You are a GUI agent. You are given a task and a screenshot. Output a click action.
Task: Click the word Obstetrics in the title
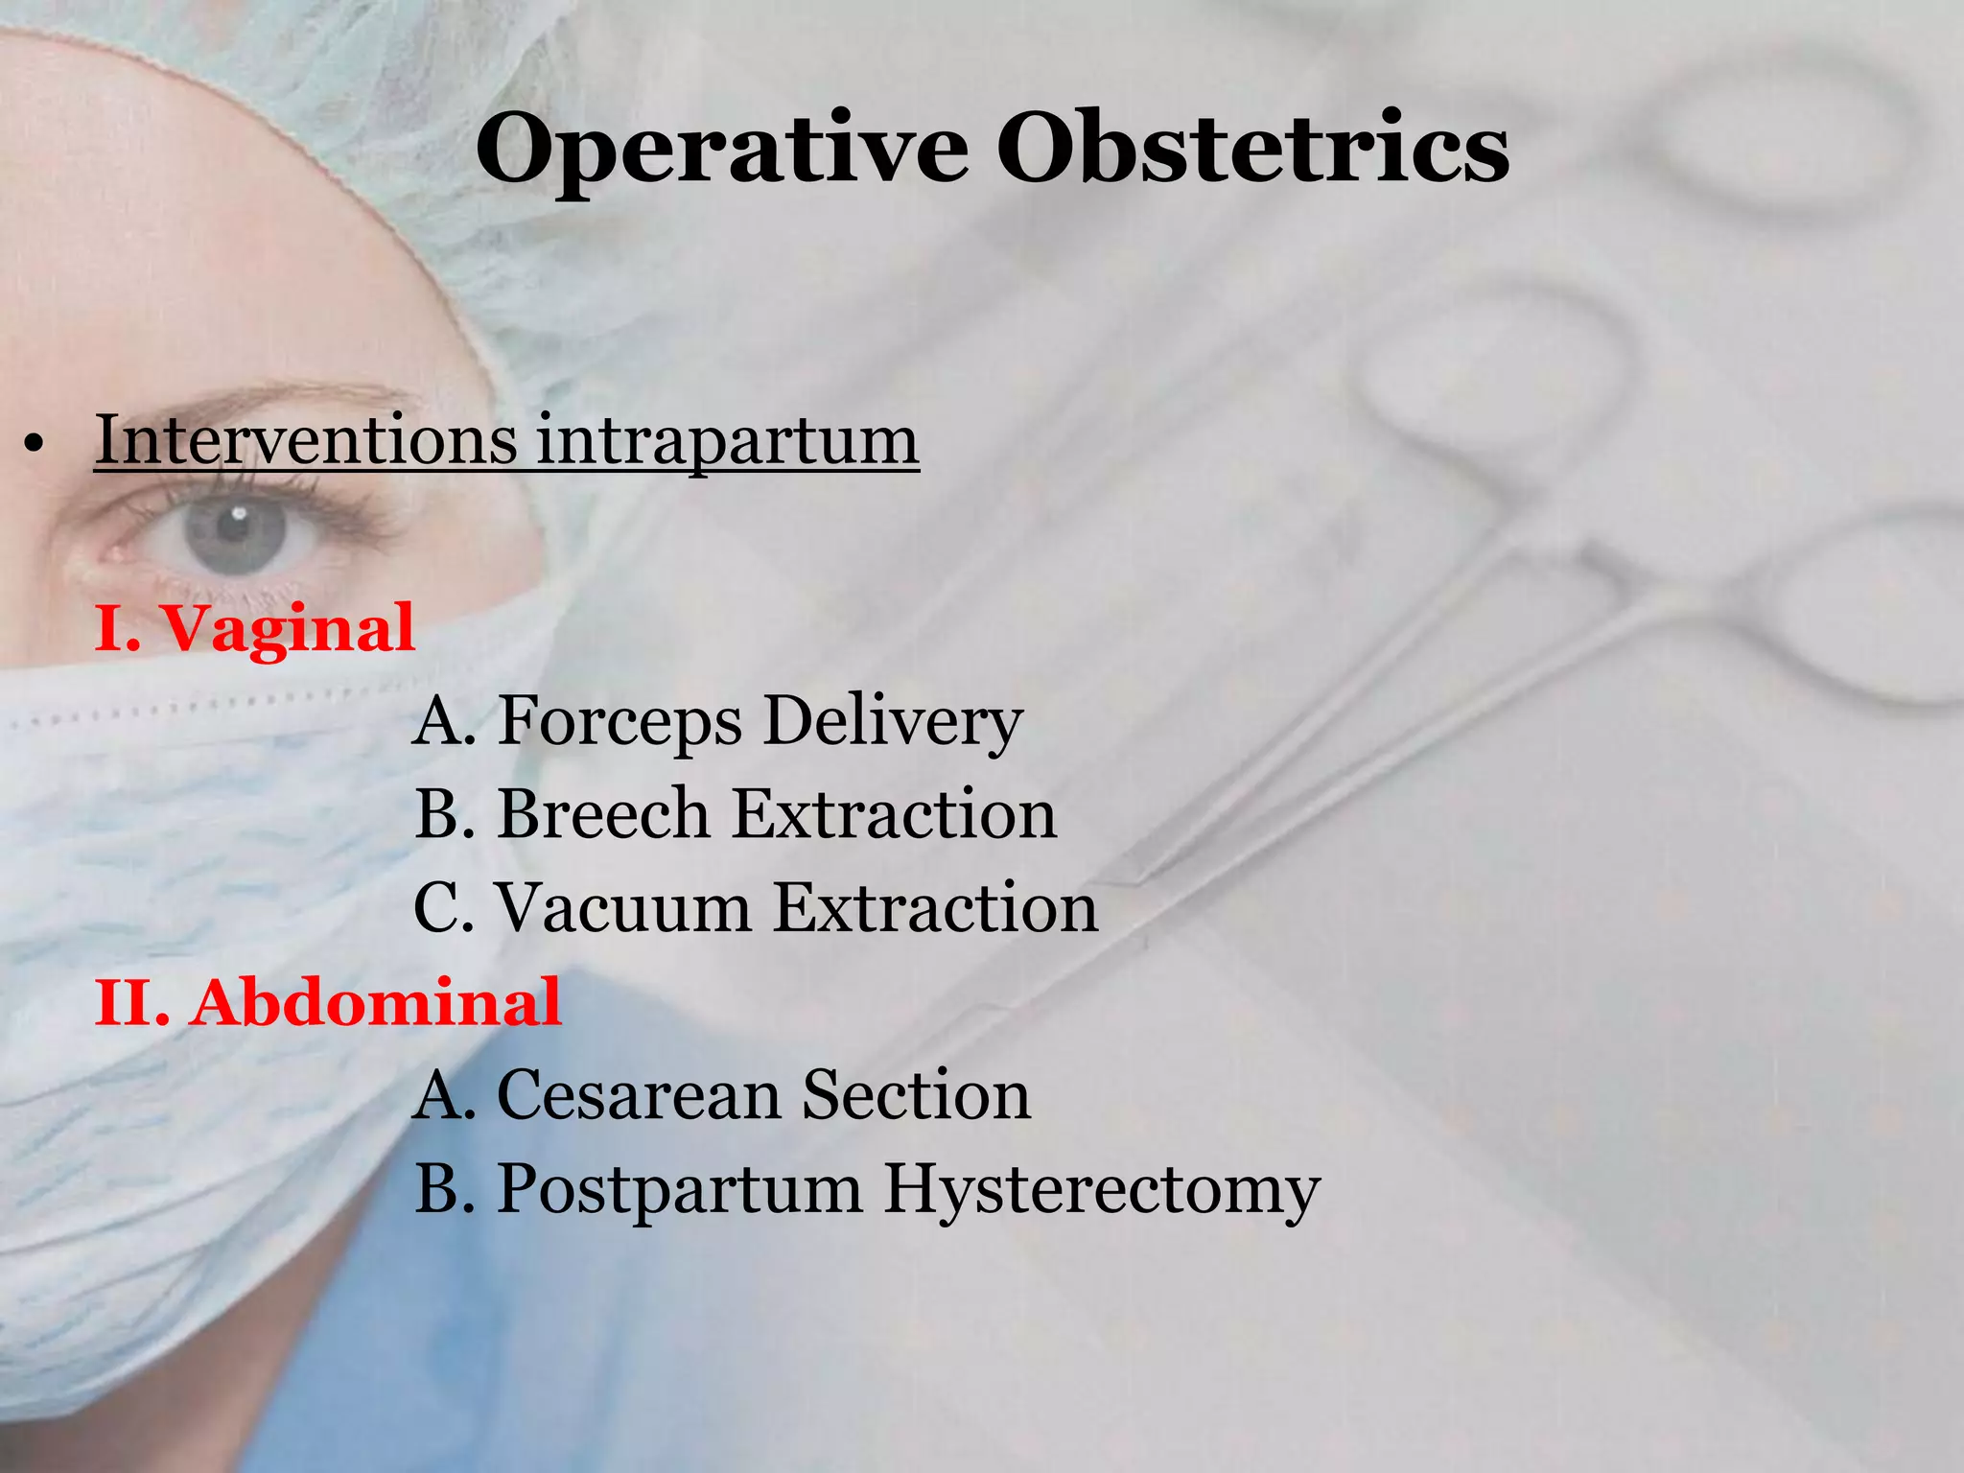(x=1252, y=149)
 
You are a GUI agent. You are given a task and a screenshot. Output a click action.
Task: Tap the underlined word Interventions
(x=306, y=440)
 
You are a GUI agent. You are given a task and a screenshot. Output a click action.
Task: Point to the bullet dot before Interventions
(x=35, y=445)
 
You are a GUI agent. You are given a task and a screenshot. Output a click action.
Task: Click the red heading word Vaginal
(x=288, y=629)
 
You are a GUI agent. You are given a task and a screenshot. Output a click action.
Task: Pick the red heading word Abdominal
(x=375, y=1003)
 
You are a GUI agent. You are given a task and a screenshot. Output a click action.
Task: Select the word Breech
(x=602, y=814)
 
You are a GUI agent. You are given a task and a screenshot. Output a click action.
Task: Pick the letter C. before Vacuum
(x=443, y=907)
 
